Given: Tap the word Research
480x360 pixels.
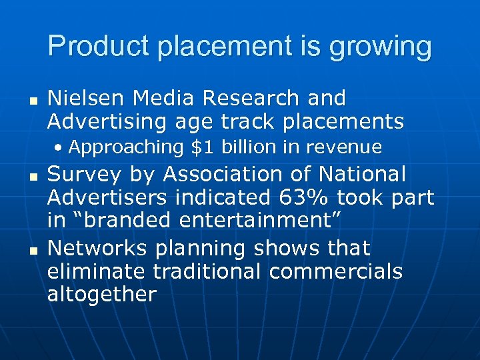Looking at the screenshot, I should [252, 98].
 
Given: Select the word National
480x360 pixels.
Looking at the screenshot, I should [362, 174].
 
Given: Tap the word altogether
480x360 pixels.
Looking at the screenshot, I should [101, 294].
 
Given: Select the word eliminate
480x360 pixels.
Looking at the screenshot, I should [97, 271].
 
